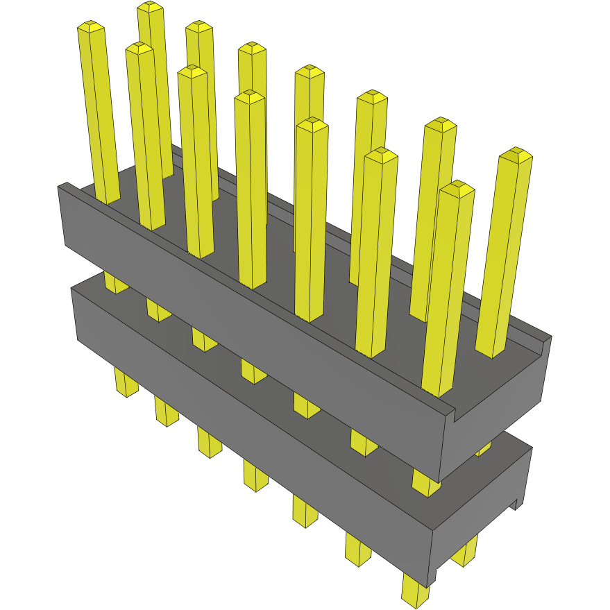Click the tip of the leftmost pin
91,27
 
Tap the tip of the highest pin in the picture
150,7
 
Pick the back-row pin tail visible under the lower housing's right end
465,551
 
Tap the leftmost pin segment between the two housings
115,282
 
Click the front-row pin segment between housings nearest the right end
425,483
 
